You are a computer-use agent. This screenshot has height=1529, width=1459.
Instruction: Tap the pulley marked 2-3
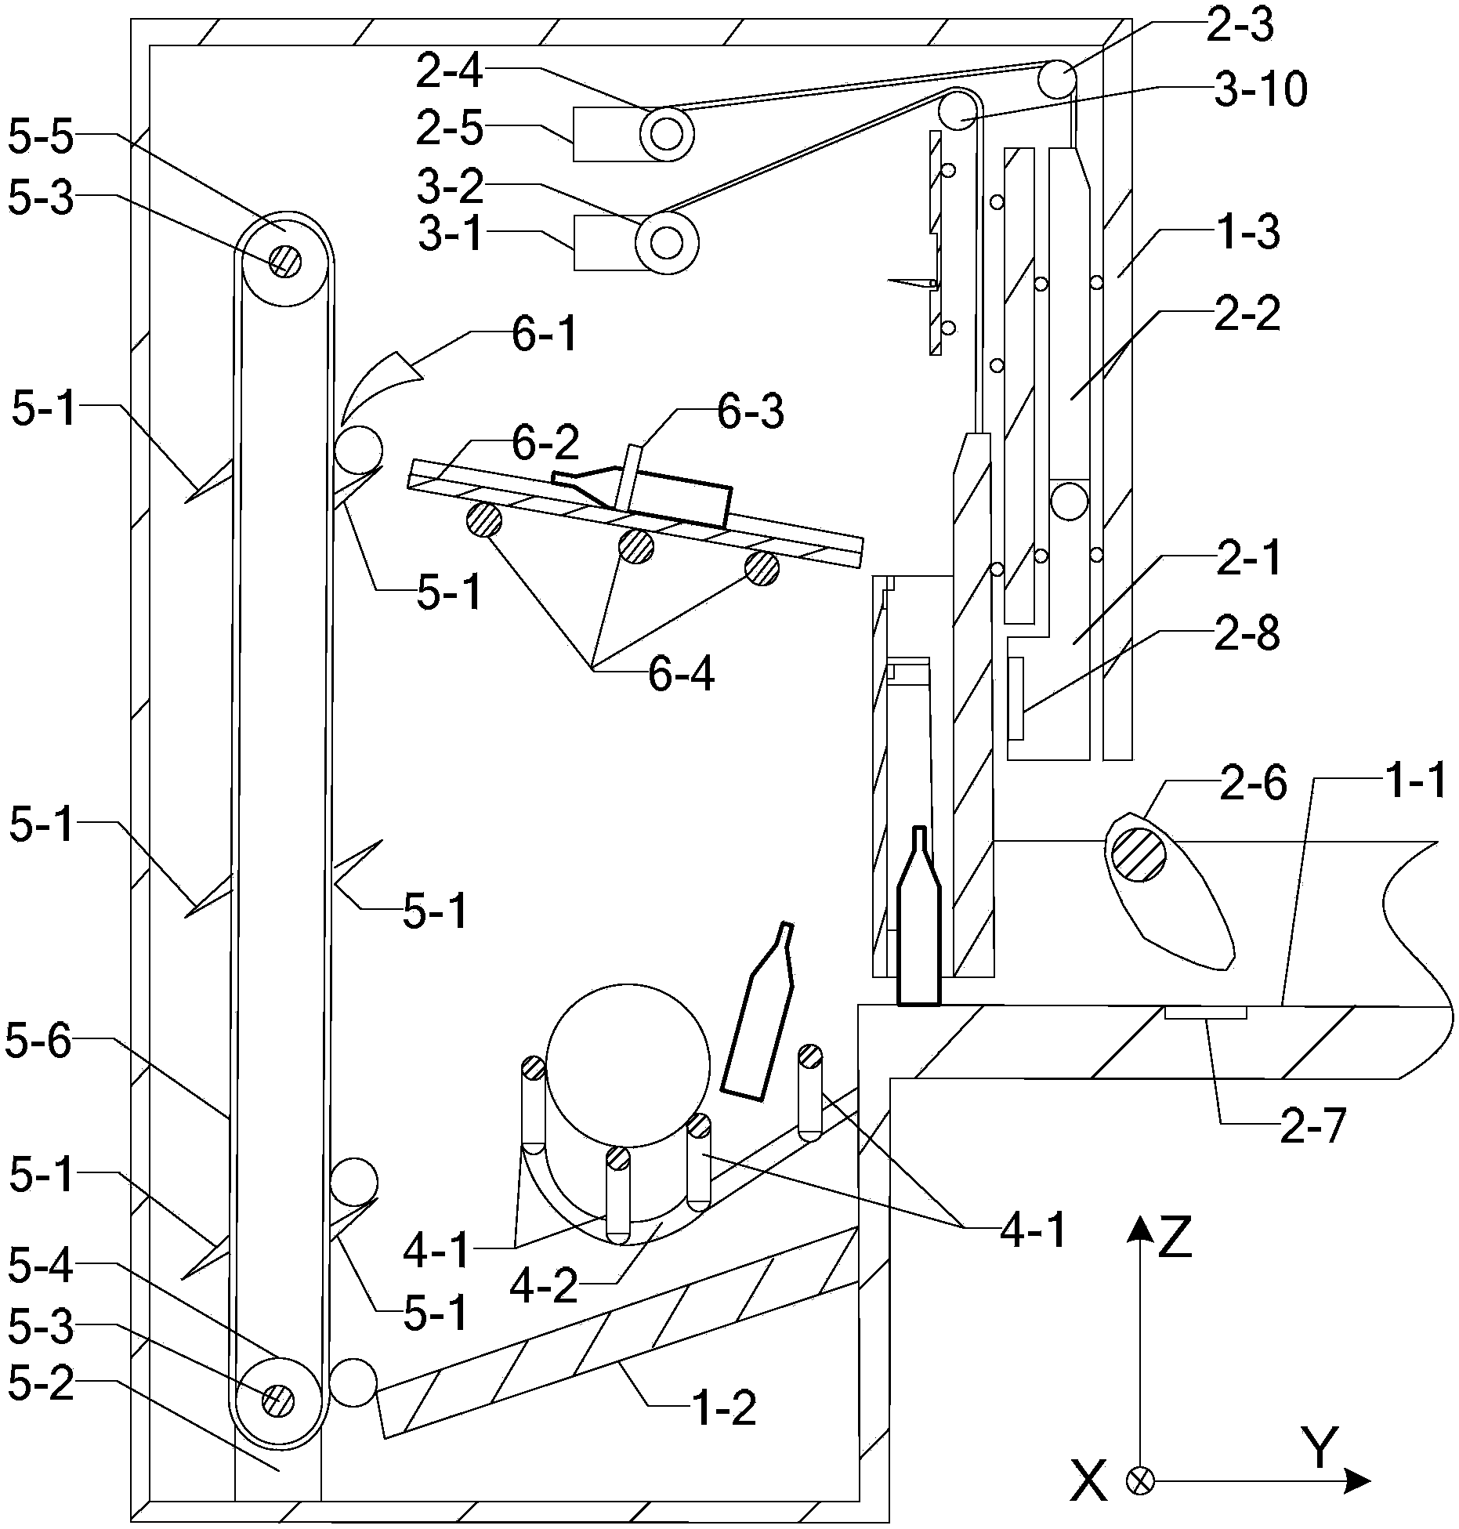(1057, 79)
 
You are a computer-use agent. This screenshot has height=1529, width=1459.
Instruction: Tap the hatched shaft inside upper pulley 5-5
(284, 259)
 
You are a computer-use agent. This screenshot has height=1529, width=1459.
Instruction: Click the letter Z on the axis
(1175, 1237)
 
